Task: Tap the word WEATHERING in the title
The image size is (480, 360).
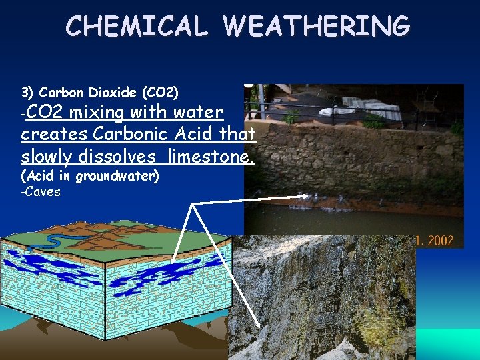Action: (x=317, y=26)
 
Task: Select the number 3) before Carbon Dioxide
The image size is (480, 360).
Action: (x=27, y=92)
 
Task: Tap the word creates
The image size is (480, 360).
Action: (x=54, y=134)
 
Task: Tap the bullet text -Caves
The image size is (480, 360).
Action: (x=41, y=192)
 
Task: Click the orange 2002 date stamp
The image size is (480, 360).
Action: (x=440, y=241)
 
